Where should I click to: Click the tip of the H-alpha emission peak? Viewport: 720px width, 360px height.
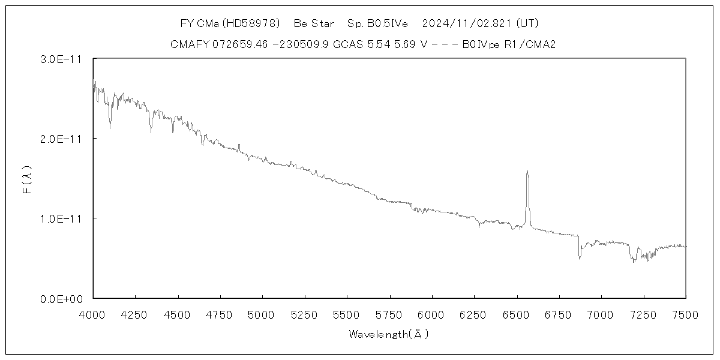pyautogui.click(x=527, y=172)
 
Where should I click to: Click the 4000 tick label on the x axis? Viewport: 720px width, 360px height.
pyautogui.click(x=93, y=314)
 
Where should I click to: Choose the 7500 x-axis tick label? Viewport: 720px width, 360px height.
pyautogui.click(x=685, y=314)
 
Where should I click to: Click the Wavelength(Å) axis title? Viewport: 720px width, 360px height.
pyautogui.click(x=389, y=334)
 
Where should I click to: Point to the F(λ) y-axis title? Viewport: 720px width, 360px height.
pyautogui.click(x=26, y=179)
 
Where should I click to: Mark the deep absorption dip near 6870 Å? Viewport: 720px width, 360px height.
pyautogui.click(x=580, y=258)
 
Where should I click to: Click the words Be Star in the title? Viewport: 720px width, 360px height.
pyautogui.click(x=314, y=24)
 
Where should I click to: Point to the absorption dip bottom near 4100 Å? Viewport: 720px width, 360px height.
pyautogui.click(x=110, y=127)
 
